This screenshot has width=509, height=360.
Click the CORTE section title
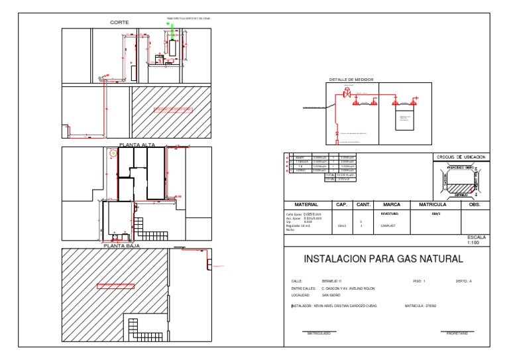[119, 23]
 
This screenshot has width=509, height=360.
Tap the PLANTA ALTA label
[135, 144]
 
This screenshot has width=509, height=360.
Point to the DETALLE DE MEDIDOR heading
[351, 80]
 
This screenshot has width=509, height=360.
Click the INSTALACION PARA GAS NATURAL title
[383, 259]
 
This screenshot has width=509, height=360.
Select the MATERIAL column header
[307, 205]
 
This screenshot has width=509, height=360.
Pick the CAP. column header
[342, 205]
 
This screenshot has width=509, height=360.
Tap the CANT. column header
[363, 205]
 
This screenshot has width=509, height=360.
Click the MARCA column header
[392, 205]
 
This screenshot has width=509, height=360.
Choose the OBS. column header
[474, 205]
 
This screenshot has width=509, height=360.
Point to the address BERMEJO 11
[332, 282]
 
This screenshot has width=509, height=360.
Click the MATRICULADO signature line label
[318, 333]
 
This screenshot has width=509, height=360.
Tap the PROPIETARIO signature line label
[457, 333]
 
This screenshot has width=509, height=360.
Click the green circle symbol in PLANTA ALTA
[113, 152]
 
